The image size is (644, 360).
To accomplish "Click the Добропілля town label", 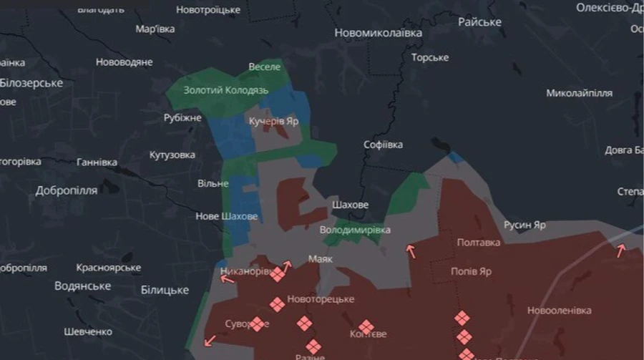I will tap(67, 191).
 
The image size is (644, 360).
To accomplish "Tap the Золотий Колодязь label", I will tap(225, 90).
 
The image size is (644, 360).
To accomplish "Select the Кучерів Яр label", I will tap(273, 122).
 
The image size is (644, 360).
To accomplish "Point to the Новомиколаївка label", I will tap(378, 33).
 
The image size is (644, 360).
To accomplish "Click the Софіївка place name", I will tap(383, 145).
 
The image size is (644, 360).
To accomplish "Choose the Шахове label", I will tap(350, 205).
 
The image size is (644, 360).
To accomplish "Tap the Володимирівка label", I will tap(355, 230).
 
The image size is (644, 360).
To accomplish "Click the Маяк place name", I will tap(320, 258).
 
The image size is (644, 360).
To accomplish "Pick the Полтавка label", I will tap(479, 242).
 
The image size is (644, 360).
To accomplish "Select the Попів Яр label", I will tap(471, 272).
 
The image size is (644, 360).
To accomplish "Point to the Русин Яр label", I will tap(525, 225).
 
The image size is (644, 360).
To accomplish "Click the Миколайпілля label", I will tap(579, 93).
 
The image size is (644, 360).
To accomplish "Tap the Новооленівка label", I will tap(559, 311).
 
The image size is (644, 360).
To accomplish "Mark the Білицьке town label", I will tap(165, 290).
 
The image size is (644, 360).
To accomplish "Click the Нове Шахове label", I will tap(227, 216).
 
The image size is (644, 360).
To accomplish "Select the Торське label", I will tap(429, 57).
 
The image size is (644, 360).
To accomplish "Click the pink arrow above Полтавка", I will tap(411, 250).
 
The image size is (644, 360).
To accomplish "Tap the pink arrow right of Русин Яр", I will tap(620, 250).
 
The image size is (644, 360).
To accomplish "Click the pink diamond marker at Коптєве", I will tap(366, 327).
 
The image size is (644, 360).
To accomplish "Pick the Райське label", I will tap(479, 22).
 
